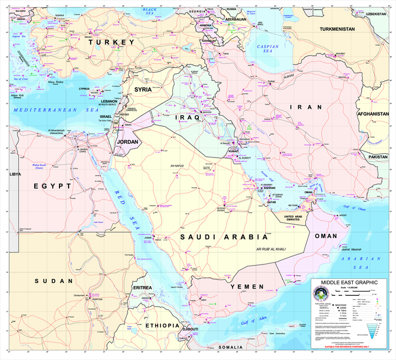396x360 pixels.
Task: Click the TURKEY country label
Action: pos(112,43)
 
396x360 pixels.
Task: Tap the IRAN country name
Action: pos(301,106)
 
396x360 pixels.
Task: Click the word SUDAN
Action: pos(49,281)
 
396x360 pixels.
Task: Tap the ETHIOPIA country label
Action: pos(162,325)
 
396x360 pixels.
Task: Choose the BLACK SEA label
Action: pos(149,10)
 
